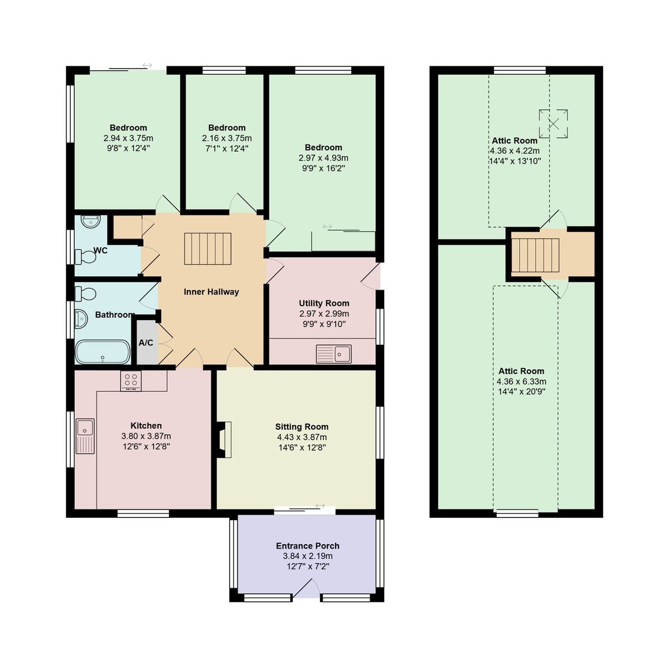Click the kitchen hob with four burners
coord(131,381)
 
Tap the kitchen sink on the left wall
coord(85,435)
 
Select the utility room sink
coord(334,354)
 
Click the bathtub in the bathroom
coord(102,352)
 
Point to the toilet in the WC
coord(86,257)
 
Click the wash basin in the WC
coord(89,222)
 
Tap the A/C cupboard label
coord(146,343)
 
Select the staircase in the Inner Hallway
coord(207,249)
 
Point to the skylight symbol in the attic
coord(553,123)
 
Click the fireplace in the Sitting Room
coord(225,440)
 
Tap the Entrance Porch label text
coord(308,546)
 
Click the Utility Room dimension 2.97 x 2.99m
coord(324,314)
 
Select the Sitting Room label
coord(302,427)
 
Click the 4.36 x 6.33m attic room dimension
coord(521,381)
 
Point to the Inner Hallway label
coord(211,292)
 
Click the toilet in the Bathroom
coord(85,293)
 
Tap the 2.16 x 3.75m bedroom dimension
coord(227,138)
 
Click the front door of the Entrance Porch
coord(306,589)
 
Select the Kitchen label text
coord(146,426)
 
